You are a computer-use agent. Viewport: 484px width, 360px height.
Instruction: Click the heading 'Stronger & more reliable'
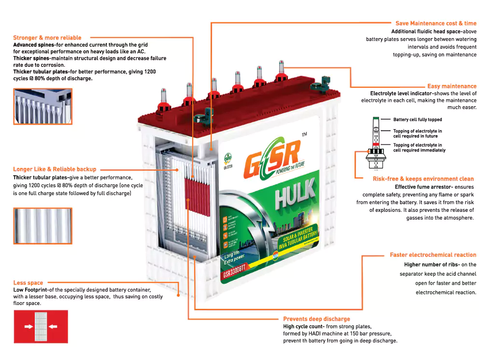[x=47, y=38]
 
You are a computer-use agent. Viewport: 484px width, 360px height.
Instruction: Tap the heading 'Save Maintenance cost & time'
[x=436, y=23]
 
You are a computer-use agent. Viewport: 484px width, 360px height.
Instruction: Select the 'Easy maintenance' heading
[x=452, y=86]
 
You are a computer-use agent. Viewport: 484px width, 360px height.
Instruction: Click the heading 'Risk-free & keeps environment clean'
[x=423, y=179]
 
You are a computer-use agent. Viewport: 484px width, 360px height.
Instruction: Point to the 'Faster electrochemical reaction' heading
[x=433, y=255]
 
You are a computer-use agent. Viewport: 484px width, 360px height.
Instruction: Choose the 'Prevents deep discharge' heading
[x=316, y=319]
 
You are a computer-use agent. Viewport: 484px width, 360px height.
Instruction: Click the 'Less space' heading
[x=28, y=283]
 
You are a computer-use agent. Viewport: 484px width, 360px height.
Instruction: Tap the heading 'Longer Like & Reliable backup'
[x=55, y=169]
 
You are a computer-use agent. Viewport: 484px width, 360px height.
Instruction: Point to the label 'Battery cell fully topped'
[x=417, y=120]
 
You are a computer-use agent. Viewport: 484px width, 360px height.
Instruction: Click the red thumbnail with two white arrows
[x=41, y=326]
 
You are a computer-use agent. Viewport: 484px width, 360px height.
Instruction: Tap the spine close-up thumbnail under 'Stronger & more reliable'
[x=43, y=106]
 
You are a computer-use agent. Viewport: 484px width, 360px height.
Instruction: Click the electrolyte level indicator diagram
[x=375, y=142]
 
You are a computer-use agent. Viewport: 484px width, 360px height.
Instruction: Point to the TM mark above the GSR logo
[x=304, y=134]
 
